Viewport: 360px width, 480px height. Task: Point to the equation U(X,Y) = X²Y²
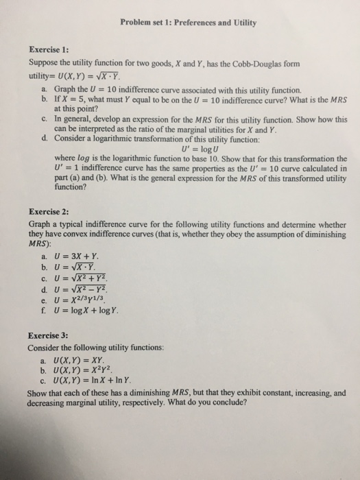[82, 371]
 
